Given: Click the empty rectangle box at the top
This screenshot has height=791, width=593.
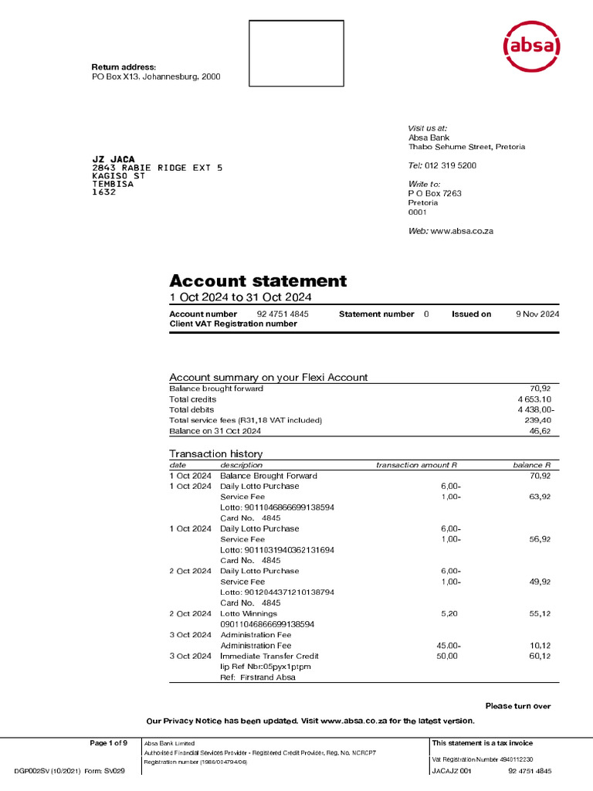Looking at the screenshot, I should tap(296, 53).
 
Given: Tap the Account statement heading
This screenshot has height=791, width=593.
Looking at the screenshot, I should tap(258, 281).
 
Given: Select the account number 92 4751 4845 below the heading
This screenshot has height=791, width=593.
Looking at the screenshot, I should tap(283, 314).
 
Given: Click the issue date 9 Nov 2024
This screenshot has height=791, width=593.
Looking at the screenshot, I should tap(537, 314).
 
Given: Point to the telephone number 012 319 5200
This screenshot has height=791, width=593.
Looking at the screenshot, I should tap(450, 165).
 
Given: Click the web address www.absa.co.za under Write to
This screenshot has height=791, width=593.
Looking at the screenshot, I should tap(461, 231).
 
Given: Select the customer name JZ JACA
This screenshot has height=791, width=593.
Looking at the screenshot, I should tap(114, 159).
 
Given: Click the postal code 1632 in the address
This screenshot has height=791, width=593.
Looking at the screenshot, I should tap(104, 192).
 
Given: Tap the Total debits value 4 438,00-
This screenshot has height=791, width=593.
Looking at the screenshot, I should tap(535, 409).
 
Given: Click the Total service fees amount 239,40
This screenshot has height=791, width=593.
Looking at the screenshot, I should tap(537, 420).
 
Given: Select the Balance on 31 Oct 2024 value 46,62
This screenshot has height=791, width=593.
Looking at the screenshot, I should tap(540, 431).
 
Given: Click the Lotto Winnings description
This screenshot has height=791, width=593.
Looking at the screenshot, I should tap(249, 613).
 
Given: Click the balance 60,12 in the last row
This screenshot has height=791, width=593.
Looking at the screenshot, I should tap(539, 656).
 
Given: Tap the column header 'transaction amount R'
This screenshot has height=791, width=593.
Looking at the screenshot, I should tap(416, 465).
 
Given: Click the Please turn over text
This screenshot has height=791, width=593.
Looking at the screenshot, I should tap(517, 706).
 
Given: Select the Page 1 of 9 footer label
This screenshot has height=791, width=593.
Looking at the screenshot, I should tap(108, 743).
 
